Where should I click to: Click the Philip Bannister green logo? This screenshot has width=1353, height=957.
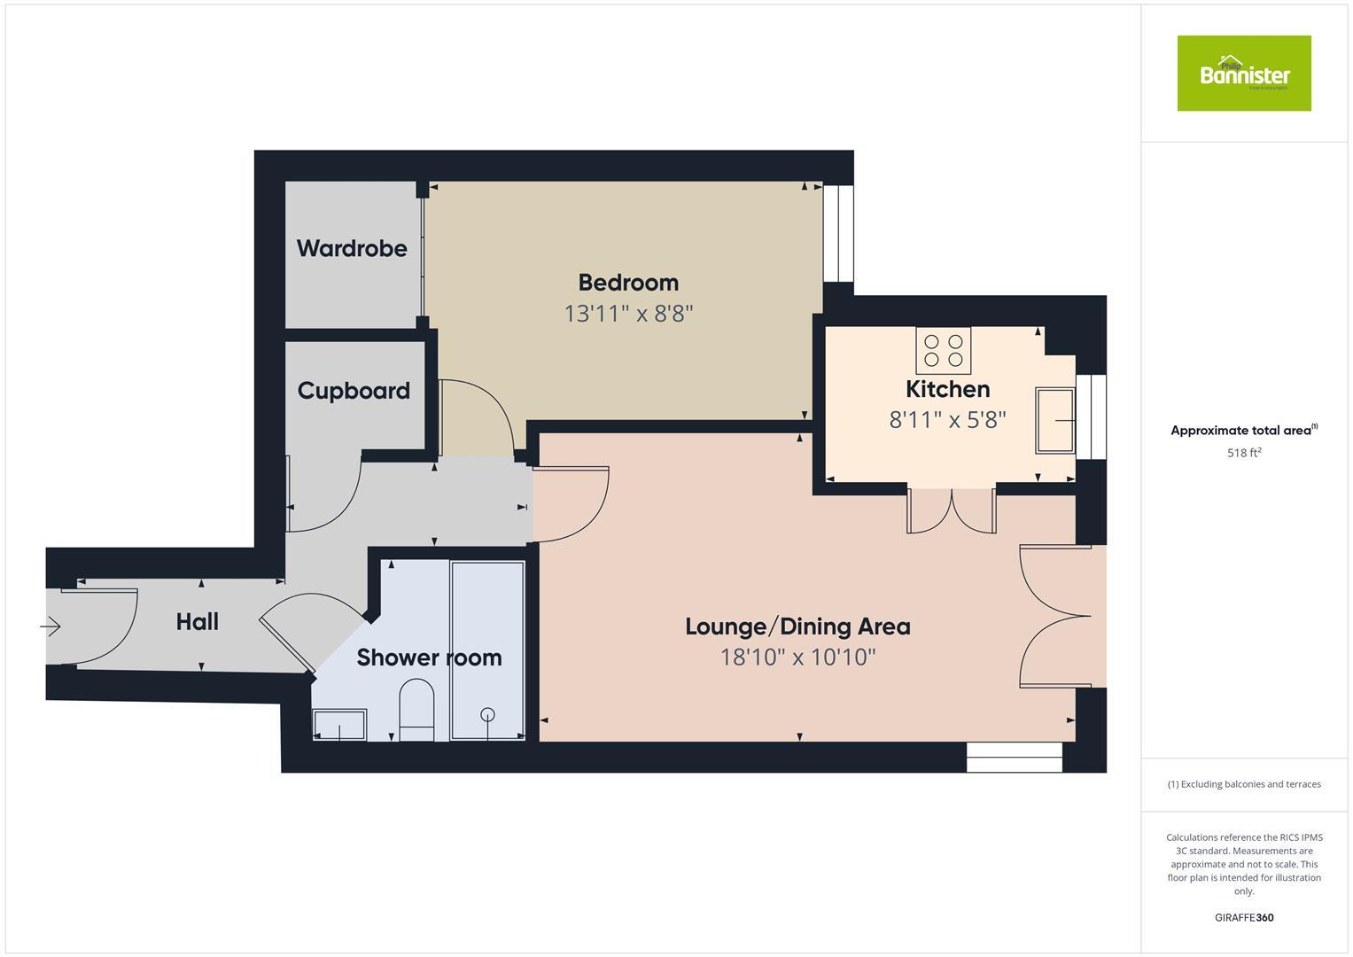1243,74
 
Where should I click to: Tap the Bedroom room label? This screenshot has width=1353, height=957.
628,283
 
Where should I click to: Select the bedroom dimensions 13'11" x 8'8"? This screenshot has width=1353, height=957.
628,314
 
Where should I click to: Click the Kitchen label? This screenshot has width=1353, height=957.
947,389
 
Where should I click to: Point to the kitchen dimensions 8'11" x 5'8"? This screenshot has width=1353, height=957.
947,419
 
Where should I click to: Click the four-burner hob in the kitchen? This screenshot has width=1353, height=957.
943,350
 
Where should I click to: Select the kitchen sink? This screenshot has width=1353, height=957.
1055,419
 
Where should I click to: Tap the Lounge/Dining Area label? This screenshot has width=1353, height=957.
797,626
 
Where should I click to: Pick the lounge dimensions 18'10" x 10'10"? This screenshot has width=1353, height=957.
797,657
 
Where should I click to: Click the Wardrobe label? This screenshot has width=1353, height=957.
352,248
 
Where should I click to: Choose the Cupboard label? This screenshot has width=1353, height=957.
354,391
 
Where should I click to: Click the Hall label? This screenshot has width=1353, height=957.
197,622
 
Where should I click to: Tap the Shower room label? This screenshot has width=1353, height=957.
429,657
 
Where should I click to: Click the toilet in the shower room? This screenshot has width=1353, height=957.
416,708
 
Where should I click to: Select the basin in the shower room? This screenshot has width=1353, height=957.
339,724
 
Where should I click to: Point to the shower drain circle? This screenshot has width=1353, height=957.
487,714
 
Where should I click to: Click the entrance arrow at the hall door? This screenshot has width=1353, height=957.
51,627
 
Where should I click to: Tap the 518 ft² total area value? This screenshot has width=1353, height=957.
1243,453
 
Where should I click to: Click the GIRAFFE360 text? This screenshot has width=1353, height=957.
1243,917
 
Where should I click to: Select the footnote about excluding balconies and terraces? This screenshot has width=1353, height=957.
1243,784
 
